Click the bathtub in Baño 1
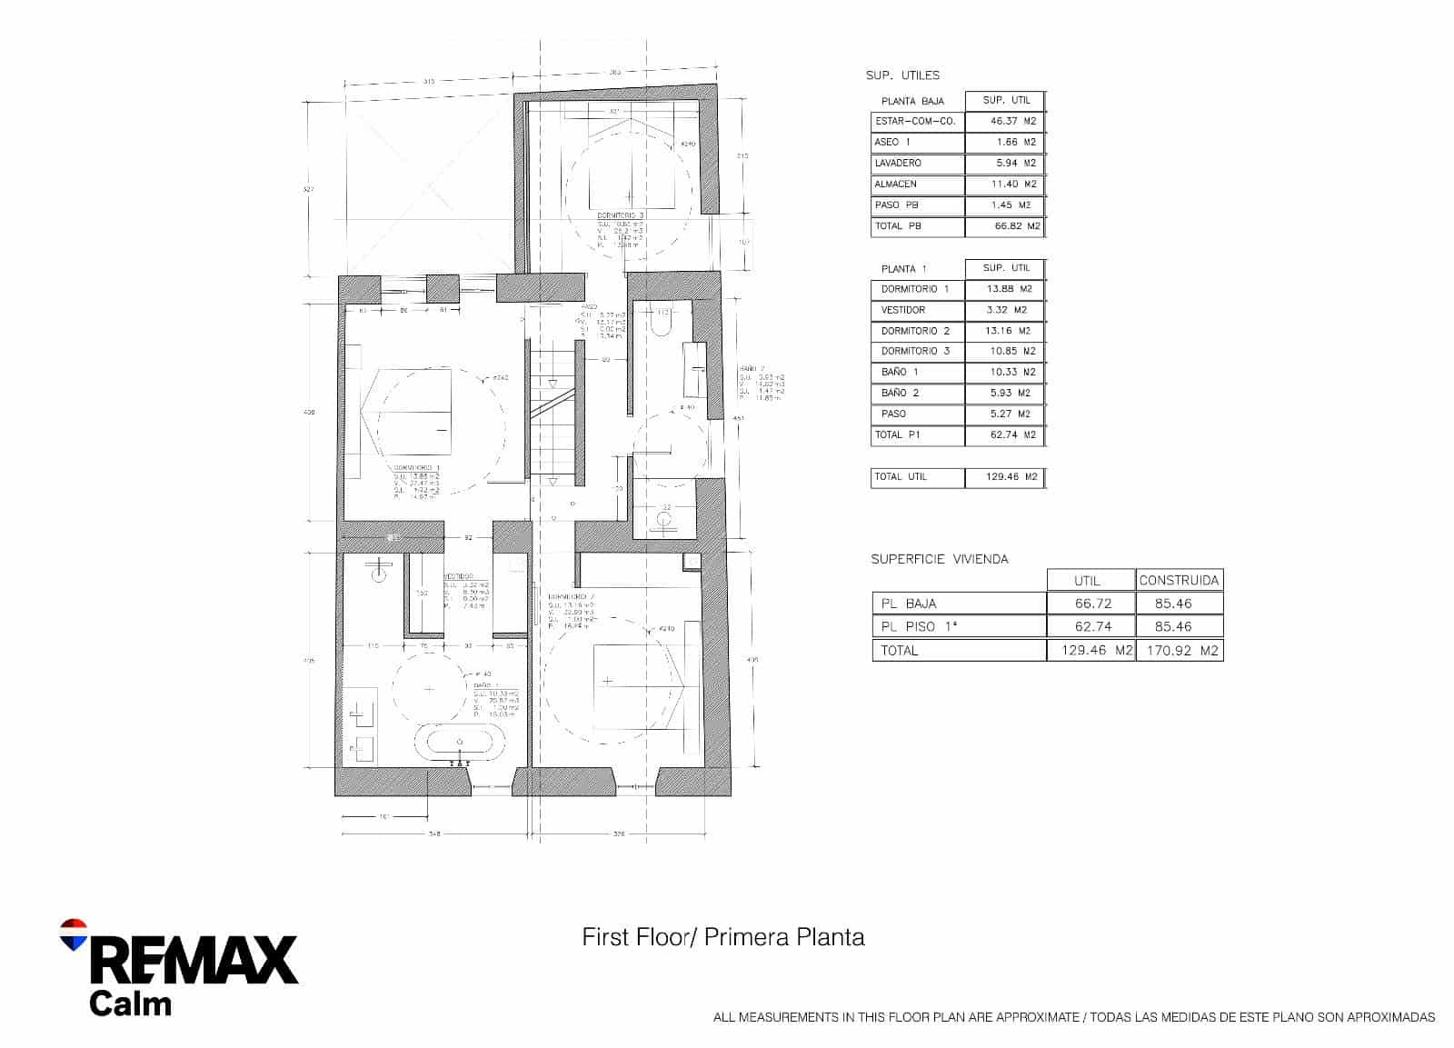coord(458,743)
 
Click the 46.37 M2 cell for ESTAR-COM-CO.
coord(1004,121)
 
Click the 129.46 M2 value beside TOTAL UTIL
coord(1004,476)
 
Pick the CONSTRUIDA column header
coord(1179,580)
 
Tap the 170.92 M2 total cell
coord(1179,650)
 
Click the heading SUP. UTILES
coord(902,75)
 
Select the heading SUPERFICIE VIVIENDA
coord(940,559)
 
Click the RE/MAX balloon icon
coord(73,934)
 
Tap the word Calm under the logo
coord(130,1003)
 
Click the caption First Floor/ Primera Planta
coord(723,937)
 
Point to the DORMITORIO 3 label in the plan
coord(622,215)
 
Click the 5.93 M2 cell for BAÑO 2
coord(1004,393)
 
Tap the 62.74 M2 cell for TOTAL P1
coord(1004,434)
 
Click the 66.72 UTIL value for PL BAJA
coord(1090,604)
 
